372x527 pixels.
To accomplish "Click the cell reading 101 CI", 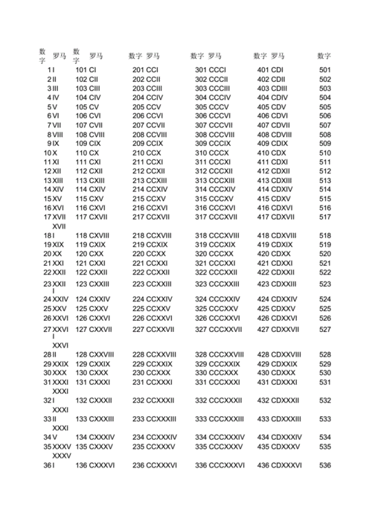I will pyautogui.click(x=91, y=70).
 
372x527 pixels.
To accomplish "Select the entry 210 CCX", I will pyautogui.click(x=147, y=153).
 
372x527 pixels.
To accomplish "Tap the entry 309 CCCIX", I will pyautogui.click(x=213, y=143).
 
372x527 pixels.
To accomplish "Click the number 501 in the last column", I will pyautogui.click(x=325, y=70).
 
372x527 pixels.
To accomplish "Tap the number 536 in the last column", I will pyautogui.click(x=325, y=465).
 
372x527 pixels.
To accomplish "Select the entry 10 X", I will pyautogui.click(x=50, y=153).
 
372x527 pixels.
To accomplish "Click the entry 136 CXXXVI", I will pyautogui.click(x=95, y=465).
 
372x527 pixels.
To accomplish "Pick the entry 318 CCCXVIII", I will pyautogui.click(x=217, y=235).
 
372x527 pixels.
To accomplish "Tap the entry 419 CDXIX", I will pyautogui.click(x=275, y=244).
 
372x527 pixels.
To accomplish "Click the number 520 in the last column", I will pyautogui.click(x=325, y=254).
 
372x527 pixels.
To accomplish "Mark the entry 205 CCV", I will pyautogui.click(x=147, y=107).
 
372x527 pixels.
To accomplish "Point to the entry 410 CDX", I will pyautogui.click(x=272, y=153).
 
